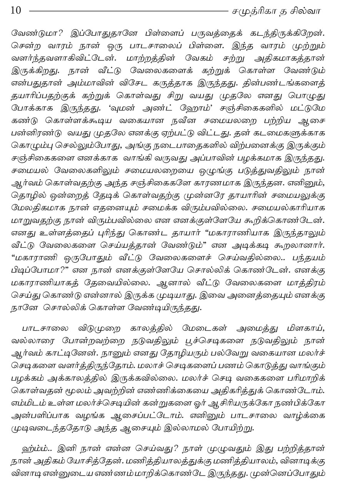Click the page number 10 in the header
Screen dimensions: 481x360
[x=16, y=10]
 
